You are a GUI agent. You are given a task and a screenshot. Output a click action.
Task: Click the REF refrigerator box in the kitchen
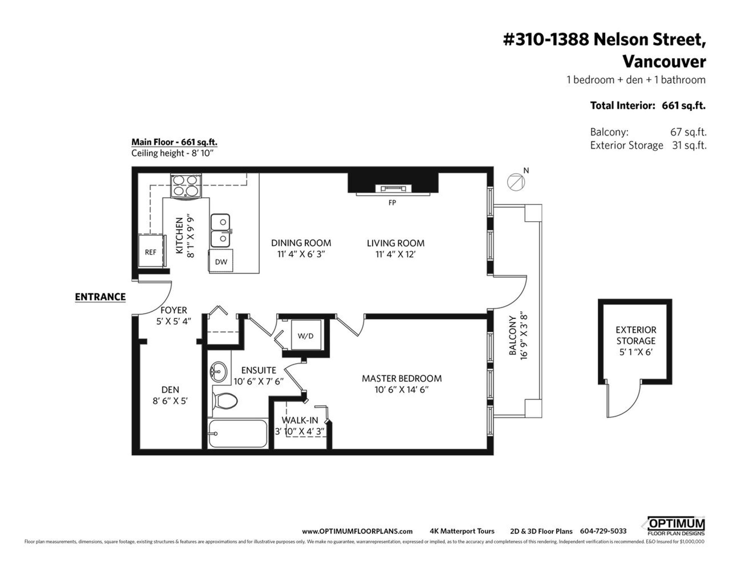click(151, 251)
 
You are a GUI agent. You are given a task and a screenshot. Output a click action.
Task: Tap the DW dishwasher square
click(221, 261)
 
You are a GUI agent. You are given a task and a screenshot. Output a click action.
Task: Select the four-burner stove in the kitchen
click(186, 186)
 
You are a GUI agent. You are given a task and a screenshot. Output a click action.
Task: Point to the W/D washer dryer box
click(306, 335)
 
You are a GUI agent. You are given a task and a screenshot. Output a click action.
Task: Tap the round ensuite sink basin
click(218, 371)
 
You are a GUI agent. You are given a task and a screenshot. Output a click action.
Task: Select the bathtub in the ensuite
click(238, 434)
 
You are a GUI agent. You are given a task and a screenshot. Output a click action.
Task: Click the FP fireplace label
click(392, 203)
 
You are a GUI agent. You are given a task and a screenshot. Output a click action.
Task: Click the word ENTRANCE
click(100, 297)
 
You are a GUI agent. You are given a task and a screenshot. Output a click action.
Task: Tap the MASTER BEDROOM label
click(402, 379)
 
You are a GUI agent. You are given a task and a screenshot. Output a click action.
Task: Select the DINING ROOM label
click(301, 243)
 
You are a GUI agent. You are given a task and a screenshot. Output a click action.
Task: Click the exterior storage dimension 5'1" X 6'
click(636, 352)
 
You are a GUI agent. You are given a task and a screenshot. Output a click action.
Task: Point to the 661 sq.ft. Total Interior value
click(684, 106)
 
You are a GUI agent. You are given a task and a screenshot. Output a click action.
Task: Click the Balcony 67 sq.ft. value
click(688, 132)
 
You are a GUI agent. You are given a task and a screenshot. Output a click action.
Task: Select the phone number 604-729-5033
click(603, 531)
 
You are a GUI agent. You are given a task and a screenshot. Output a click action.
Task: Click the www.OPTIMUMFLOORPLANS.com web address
click(357, 531)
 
